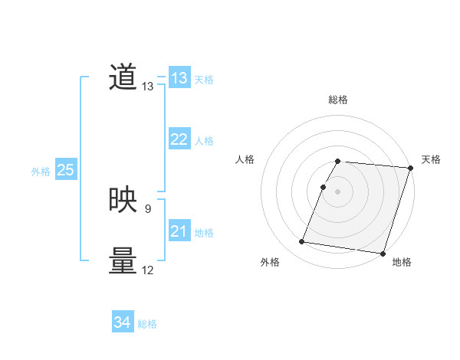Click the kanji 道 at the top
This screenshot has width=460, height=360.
(123, 78)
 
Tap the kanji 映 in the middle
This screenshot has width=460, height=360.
(123, 200)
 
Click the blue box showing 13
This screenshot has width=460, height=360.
(179, 78)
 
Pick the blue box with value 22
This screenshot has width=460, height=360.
(179, 139)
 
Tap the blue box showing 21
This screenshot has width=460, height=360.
(179, 231)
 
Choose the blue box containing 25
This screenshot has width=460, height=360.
(66, 170)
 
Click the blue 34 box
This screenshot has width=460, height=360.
(123, 323)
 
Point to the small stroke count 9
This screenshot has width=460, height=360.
(147, 208)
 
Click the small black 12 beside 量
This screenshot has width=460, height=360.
(147, 270)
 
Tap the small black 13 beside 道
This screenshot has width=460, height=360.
(147, 87)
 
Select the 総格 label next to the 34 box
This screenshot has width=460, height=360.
(147, 324)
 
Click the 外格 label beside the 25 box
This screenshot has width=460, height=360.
(41, 172)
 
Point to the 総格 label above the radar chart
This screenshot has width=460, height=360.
(338, 100)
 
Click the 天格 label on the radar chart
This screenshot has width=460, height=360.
(432, 159)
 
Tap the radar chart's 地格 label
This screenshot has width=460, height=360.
(402, 263)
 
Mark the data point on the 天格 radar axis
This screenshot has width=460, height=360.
(410, 168)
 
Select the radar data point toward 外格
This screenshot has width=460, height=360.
(302, 242)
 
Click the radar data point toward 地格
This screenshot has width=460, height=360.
(383, 253)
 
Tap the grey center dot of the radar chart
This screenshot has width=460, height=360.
(338, 191)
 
